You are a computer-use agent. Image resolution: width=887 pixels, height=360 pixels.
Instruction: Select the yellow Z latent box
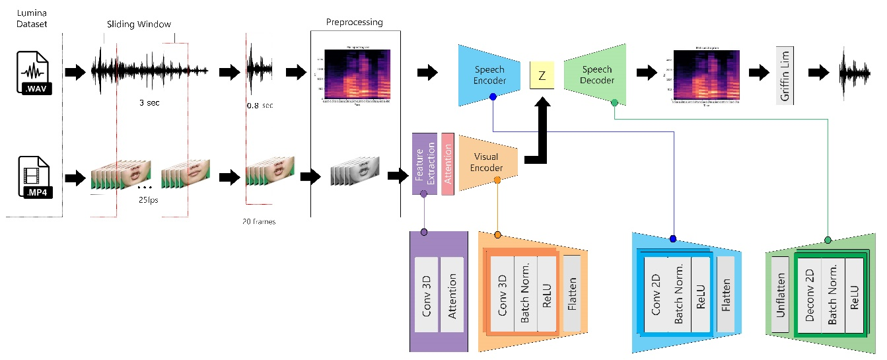click(542, 76)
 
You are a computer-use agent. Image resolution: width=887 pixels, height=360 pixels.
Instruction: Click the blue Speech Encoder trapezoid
click(489, 75)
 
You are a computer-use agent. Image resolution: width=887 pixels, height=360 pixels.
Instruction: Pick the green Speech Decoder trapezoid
click(597, 74)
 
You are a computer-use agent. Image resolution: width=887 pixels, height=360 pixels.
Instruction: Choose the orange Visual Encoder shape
click(487, 162)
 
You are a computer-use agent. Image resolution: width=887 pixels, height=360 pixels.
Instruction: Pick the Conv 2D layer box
click(656, 294)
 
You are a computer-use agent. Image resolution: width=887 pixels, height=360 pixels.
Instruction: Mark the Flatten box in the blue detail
click(725, 294)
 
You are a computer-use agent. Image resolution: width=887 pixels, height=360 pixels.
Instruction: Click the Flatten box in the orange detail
click(571, 294)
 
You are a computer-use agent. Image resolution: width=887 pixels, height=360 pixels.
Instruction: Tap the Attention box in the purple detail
click(452, 294)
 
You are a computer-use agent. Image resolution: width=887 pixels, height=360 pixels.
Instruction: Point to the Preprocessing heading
click(355, 22)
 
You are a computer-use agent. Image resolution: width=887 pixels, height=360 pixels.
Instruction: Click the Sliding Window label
click(139, 24)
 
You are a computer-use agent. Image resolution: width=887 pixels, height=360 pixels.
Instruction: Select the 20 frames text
click(259, 222)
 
